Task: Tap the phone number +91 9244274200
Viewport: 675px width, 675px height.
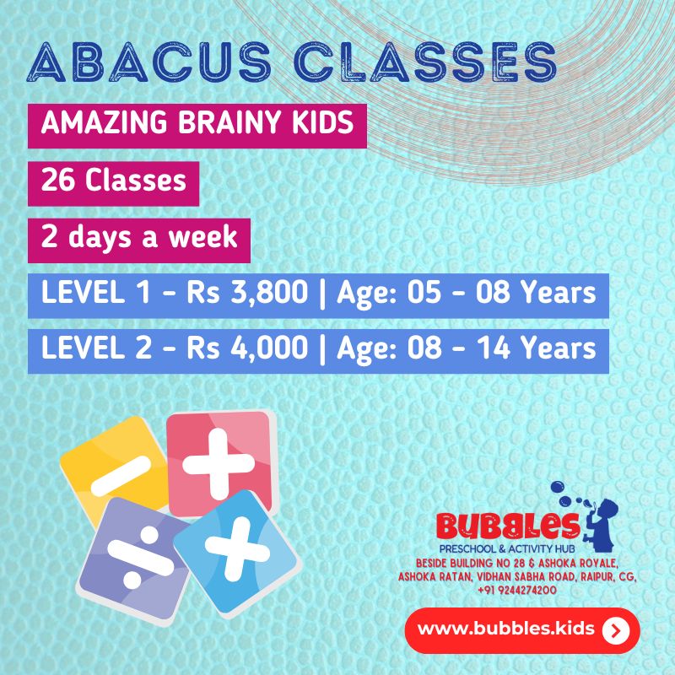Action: (517, 591)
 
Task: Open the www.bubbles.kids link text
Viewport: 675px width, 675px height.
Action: (507, 629)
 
